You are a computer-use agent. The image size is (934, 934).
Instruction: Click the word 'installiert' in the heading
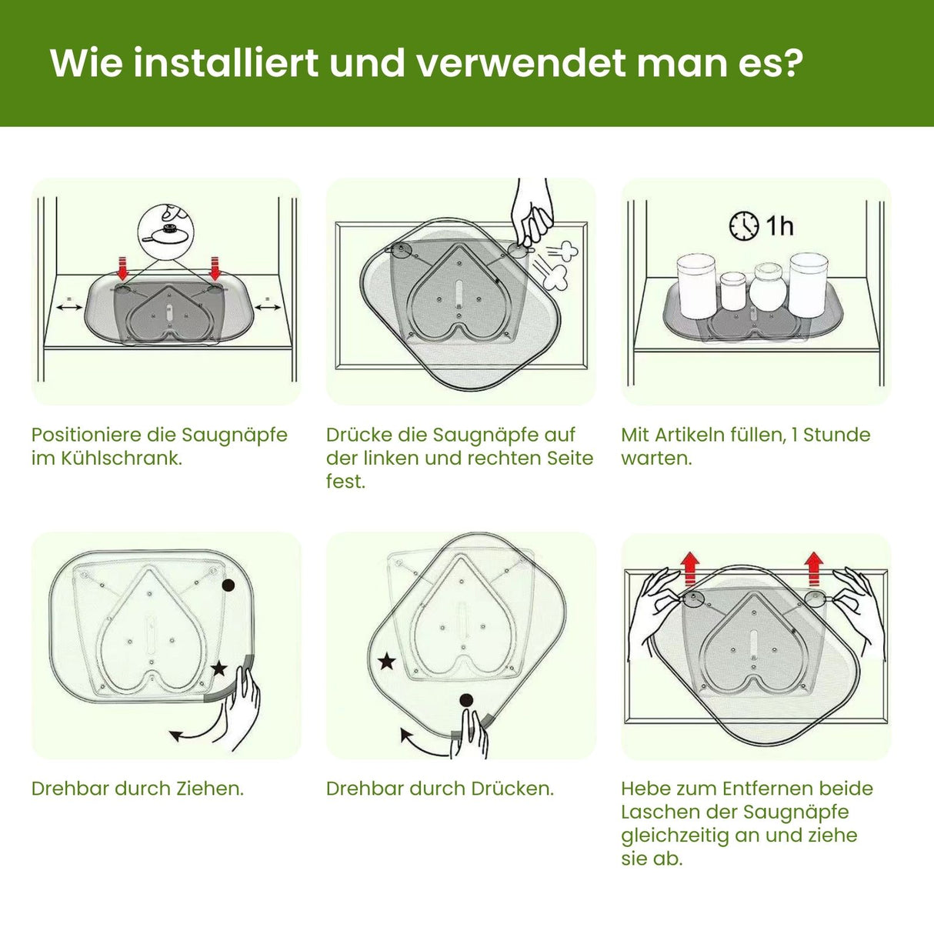click(x=226, y=62)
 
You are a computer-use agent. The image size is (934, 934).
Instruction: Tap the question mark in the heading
click(x=791, y=62)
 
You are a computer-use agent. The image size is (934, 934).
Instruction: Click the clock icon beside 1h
click(x=744, y=226)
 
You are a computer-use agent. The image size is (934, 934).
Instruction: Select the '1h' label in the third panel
click(x=779, y=226)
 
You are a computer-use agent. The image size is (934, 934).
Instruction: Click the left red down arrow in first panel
click(x=122, y=269)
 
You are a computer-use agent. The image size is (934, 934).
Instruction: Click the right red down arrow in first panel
click(x=215, y=269)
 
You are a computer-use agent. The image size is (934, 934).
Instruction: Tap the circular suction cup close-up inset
click(x=166, y=230)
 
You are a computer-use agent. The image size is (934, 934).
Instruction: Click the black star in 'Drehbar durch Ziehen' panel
click(x=219, y=668)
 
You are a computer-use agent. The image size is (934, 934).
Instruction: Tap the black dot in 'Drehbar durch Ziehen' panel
click(x=228, y=585)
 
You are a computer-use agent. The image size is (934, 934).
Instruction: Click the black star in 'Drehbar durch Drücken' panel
click(x=386, y=661)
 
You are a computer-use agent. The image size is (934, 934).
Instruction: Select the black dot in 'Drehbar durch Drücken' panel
click(x=465, y=700)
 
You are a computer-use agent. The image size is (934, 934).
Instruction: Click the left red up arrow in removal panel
click(x=690, y=568)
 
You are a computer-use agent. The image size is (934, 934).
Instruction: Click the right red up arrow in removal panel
click(x=813, y=568)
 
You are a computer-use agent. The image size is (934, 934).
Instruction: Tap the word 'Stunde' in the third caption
click(x=836, y=435)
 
